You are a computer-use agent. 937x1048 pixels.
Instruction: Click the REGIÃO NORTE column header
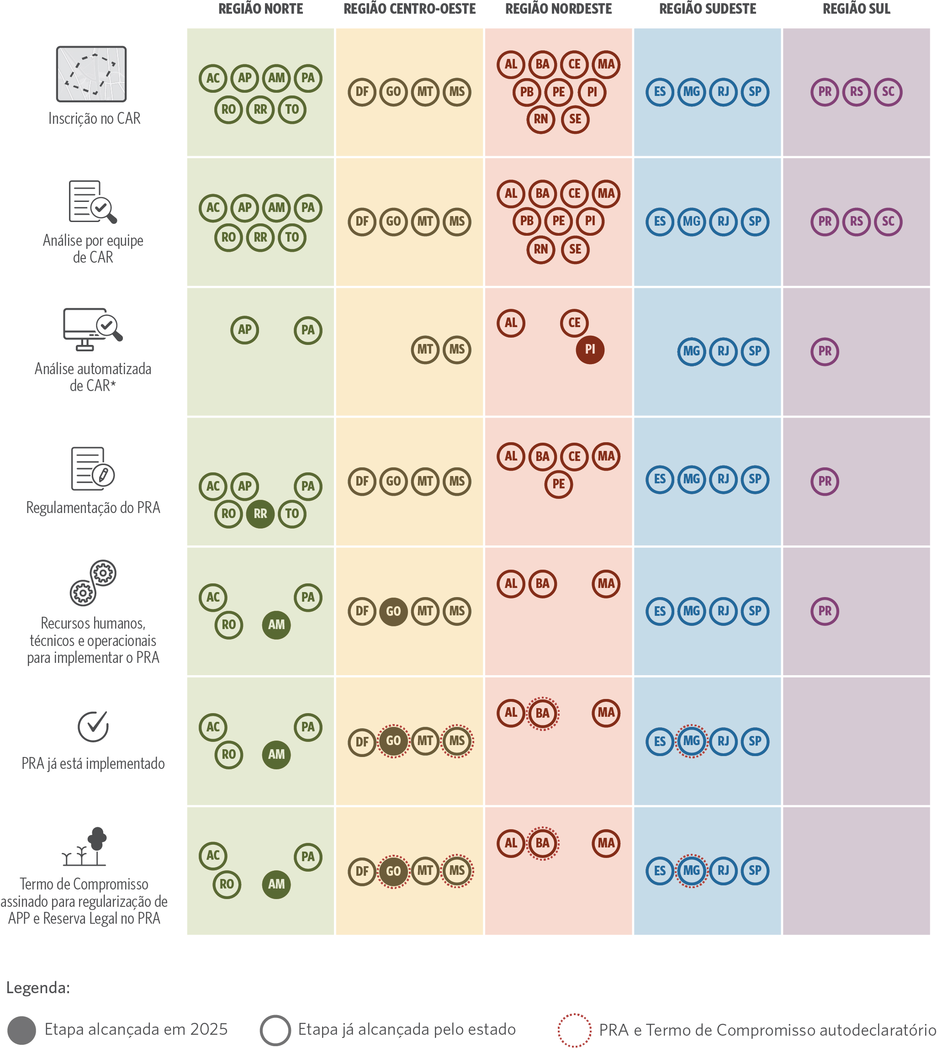click(x=260, y=9)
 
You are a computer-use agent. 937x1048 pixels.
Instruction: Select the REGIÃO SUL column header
click(x=856, y=9)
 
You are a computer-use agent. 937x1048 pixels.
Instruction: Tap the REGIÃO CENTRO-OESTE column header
click(x=409, y=9)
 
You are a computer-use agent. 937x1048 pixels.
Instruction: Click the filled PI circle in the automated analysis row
click(x=589, y=349)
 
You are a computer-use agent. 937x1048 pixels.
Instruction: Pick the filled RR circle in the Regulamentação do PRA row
click(x=260, y=513)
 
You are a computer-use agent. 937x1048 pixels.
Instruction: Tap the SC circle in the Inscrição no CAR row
click(x=888, y=92)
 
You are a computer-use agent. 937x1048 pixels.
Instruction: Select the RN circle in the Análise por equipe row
click(x=540, y=249)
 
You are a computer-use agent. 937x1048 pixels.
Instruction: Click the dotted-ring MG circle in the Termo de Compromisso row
click(x=691, y=870)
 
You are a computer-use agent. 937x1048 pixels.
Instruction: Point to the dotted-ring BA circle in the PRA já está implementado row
click(x=542, y=713)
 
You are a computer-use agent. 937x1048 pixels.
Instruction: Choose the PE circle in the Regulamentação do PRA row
click(x=558, y=484)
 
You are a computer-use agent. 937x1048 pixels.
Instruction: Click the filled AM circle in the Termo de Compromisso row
click(x=276, y=884)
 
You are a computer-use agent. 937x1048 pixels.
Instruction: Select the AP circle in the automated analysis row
click(x=244, y=329)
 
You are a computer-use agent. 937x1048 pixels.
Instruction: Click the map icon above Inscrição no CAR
click(x=91, y=74)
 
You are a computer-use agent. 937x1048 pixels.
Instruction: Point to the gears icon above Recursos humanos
click(x=93, y=582)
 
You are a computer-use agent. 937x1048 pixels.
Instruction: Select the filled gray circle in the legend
click(x=21, y=1031)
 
